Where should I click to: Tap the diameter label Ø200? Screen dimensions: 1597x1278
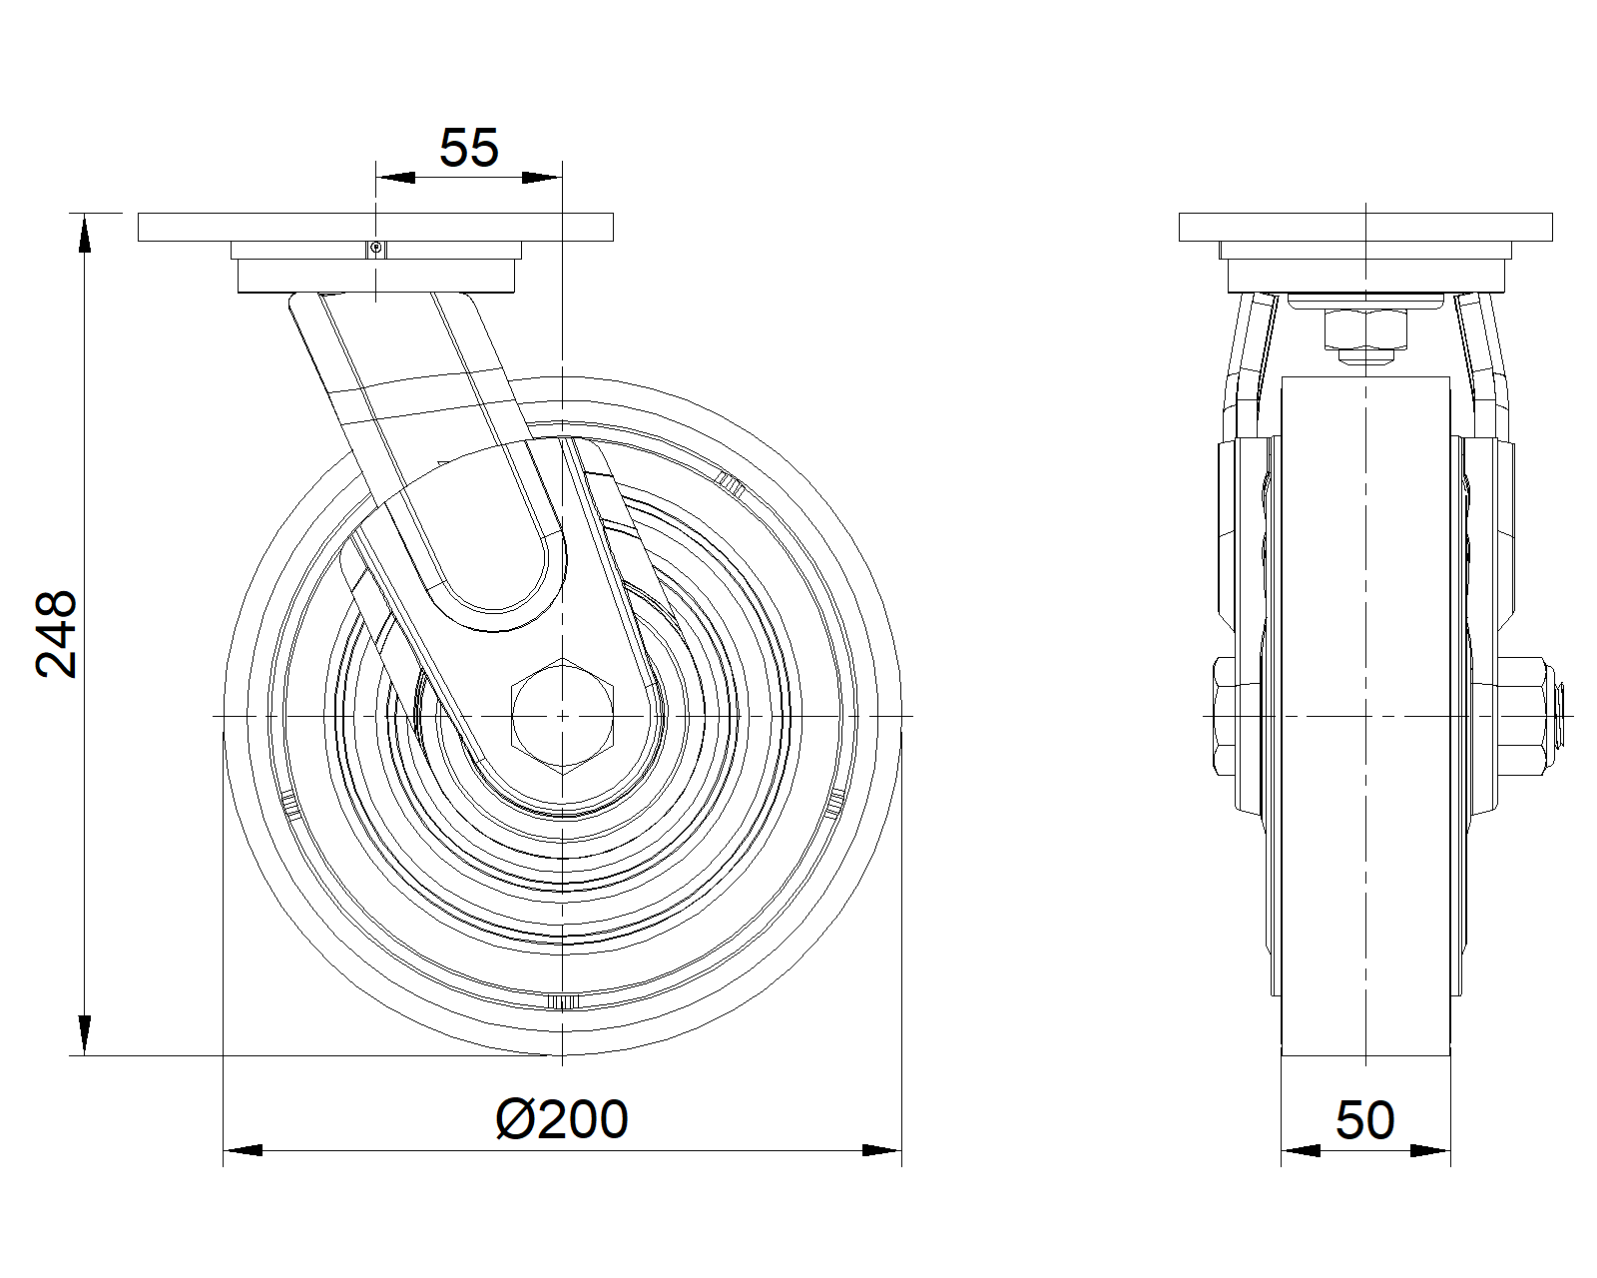[562, 1119]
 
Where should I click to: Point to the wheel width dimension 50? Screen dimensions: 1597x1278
[1364, 1120]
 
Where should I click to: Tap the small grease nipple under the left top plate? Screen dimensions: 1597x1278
[376, 249]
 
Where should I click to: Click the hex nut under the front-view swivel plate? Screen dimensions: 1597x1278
[1365, 329]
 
